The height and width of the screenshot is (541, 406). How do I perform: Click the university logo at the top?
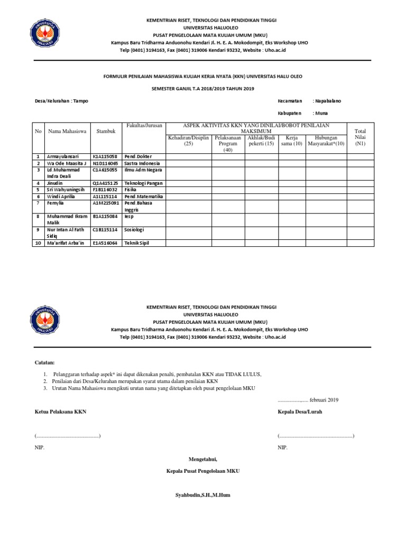tap(48, 32)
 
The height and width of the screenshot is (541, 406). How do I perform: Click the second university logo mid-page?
tap(48, 319)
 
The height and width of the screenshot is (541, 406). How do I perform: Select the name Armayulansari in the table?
tap(62, 156)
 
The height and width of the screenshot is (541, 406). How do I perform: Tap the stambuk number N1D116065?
tap(106, 164)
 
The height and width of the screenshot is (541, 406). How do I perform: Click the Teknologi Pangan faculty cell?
tap(143, 183)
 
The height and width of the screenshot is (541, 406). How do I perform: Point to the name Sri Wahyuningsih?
tap(66, 189)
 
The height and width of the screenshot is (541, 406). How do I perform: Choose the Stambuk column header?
tap(106, 130)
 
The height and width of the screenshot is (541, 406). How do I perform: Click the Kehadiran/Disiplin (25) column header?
tap(189, 141)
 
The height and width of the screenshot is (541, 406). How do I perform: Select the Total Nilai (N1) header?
tap(360, 137)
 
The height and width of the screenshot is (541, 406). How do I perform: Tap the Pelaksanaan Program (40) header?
tap(228, 143)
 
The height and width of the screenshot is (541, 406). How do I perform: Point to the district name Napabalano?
tap(328, 101)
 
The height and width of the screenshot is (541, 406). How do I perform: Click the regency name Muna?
tap(321, 113)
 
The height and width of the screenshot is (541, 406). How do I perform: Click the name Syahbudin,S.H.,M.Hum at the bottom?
tap(203, 495)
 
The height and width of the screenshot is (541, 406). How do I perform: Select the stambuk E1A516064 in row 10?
tap(106, 243)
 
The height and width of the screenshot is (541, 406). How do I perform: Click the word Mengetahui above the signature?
tap(203, 458)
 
